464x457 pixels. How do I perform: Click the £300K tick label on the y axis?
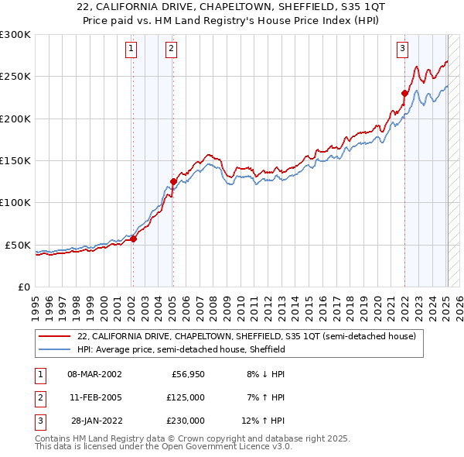[15, 35]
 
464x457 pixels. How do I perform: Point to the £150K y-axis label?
[15, 161]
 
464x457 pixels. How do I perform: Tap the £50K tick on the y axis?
[18, 245]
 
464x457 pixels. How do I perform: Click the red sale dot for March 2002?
[133, 239]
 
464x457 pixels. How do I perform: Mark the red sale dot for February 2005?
[173, 181]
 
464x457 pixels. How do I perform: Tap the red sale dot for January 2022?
[404, 93]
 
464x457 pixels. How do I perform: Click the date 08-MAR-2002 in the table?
[94, 373]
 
